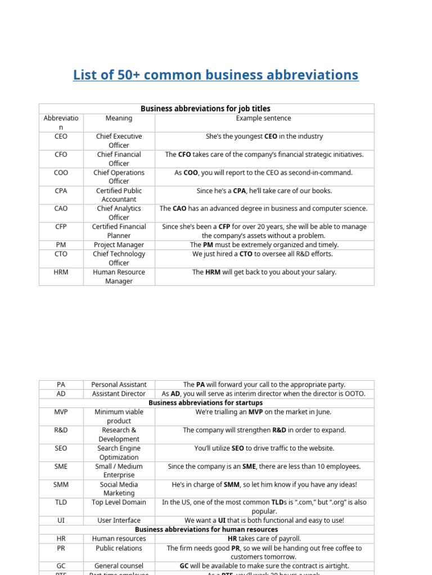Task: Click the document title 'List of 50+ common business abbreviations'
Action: [x=215, y=75]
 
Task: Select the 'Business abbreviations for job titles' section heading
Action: [x=205, y=109]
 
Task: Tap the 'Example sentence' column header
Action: [x=264, y=118]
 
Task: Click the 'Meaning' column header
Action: [x=119, y=118]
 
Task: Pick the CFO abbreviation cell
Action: [x=61, y=154]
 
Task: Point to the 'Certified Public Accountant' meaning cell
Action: [x=119, y=195]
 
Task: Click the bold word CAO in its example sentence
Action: [x=179, y=208]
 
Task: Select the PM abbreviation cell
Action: [x=61, y=245]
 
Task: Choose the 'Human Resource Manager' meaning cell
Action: [x=119, y=276]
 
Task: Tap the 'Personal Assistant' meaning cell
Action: [x=119, y=385]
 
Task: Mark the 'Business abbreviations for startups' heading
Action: [x=205, y=403]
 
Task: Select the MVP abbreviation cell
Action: [x=61, y=412]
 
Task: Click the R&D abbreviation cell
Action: [x=61, y=430]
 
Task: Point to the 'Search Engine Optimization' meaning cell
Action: [x=119, y=453]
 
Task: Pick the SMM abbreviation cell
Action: [x=61, y=485]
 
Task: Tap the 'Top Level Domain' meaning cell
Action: [x=119, y=503]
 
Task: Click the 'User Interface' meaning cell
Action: [x=119, y=521]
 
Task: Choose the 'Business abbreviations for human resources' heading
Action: [x=206, y=530]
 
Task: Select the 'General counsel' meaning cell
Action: [x=119, y=566]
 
